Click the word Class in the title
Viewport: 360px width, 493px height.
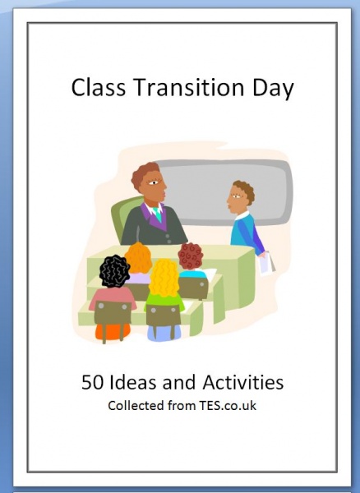[x=99, y=87]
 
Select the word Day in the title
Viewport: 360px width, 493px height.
[x=273, y=89]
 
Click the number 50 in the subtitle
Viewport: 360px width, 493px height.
[x=92, y=383]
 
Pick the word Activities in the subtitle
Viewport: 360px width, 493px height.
[x=243, y=382]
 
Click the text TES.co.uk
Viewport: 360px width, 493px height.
[x=228, y=406]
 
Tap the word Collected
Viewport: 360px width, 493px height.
[x=136, y=406]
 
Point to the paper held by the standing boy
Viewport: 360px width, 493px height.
[x=266, y=264]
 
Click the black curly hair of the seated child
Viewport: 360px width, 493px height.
[x=114, y=271]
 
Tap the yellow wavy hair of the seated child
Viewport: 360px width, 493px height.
[x=164, y=278]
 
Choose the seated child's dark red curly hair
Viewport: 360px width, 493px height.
[x=190, y=256]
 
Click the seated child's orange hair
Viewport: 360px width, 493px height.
[x=139, y=258]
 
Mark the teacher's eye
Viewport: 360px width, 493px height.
[x=154, y=182]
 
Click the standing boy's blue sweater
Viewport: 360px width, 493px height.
[x=247, y=233]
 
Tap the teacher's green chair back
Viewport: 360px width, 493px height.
[x=122, y=217]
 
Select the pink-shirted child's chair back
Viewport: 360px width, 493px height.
[x=113, y=312]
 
